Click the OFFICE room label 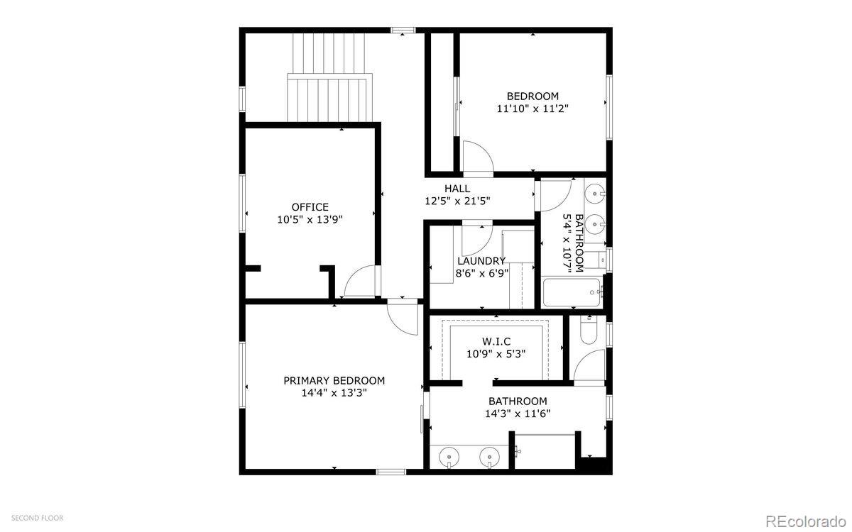[x=310, y=207]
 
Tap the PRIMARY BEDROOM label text [x=334, y=380]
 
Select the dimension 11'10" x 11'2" [x=532, y=109]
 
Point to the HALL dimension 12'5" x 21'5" [x=457, y=201]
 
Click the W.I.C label [x=496, y=341]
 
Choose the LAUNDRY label [x=481, y=261]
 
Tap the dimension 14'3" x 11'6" [x=518, y=414]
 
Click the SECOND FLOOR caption [x=37, y=518]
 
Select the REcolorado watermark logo [x=806, y=521]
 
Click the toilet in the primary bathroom [x=589, y=330]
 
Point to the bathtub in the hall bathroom [x=572, y=292]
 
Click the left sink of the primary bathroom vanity [x=449, y=457]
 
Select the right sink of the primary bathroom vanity [x=489, y=457]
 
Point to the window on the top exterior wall [x=403, y=30]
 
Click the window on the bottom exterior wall [x=391, y=472]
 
